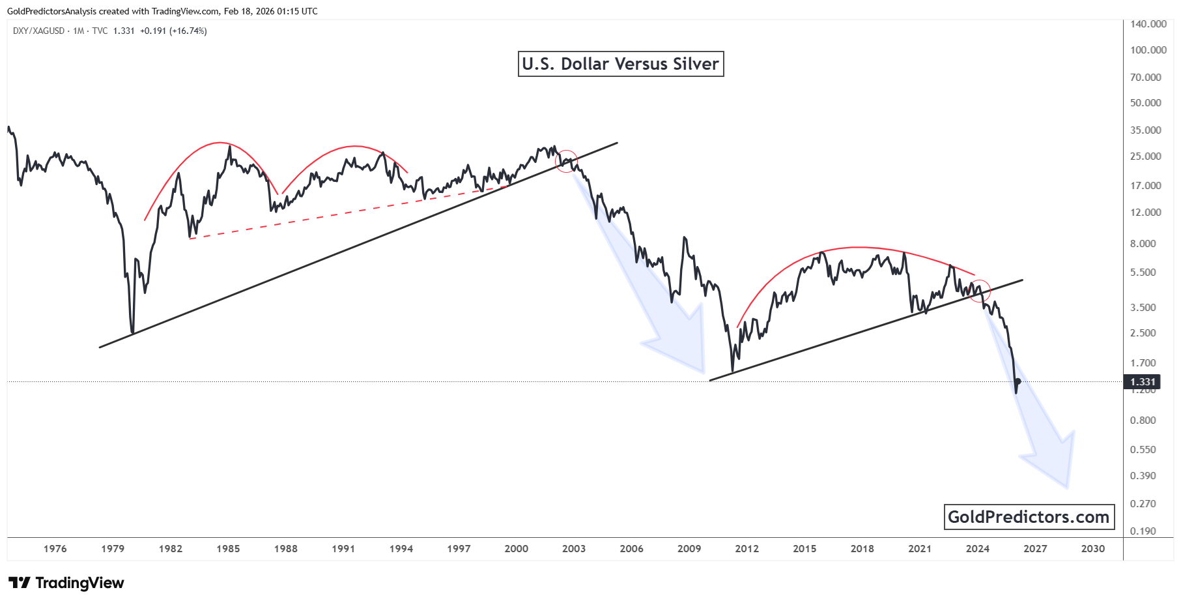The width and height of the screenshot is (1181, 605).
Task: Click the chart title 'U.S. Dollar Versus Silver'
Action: [620, 64]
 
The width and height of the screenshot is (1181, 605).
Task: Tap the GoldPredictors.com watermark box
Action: [1029, 517]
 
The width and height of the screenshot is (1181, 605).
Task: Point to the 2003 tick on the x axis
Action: [574, 549]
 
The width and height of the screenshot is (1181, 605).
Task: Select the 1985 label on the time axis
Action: [228, 549]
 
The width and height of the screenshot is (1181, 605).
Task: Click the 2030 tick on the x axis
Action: [1092, 549]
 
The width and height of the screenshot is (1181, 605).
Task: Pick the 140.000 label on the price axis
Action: [1148, 24]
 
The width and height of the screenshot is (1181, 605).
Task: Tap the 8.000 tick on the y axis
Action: [1143, 244]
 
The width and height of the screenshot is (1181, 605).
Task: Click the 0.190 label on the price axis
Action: [1143, 531]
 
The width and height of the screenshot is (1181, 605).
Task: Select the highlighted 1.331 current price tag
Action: [1143, 382]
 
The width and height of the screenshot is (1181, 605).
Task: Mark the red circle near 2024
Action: [979, 290]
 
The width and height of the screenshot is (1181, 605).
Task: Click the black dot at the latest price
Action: [1017, 382]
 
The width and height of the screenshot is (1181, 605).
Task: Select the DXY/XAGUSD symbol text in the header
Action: [38, 31]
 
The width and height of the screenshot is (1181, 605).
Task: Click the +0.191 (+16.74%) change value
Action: [173, 31]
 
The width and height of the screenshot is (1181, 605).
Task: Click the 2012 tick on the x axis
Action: [747, 549]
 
